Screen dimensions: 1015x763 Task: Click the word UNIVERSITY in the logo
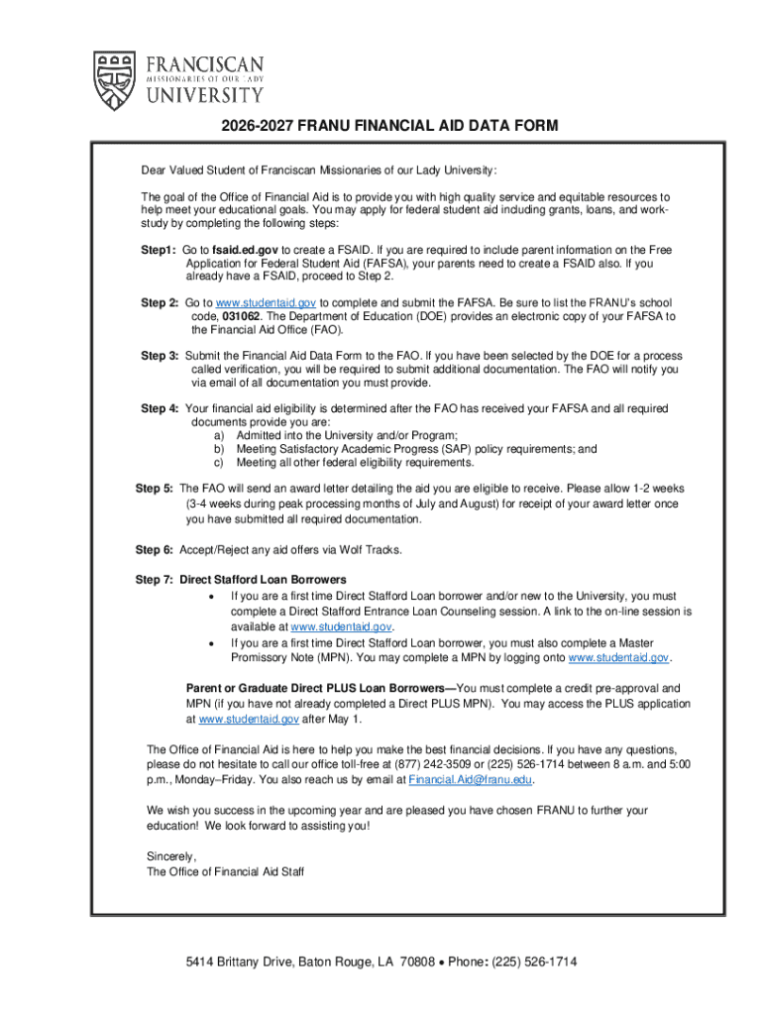(x=205, y=95)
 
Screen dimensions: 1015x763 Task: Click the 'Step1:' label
(x=159, y=250)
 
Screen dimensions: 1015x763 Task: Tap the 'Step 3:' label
(x=160, y=356)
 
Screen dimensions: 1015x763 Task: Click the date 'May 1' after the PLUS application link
(x=346, y=719)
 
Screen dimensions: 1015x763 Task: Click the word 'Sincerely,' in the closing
(x=172, y=855)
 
